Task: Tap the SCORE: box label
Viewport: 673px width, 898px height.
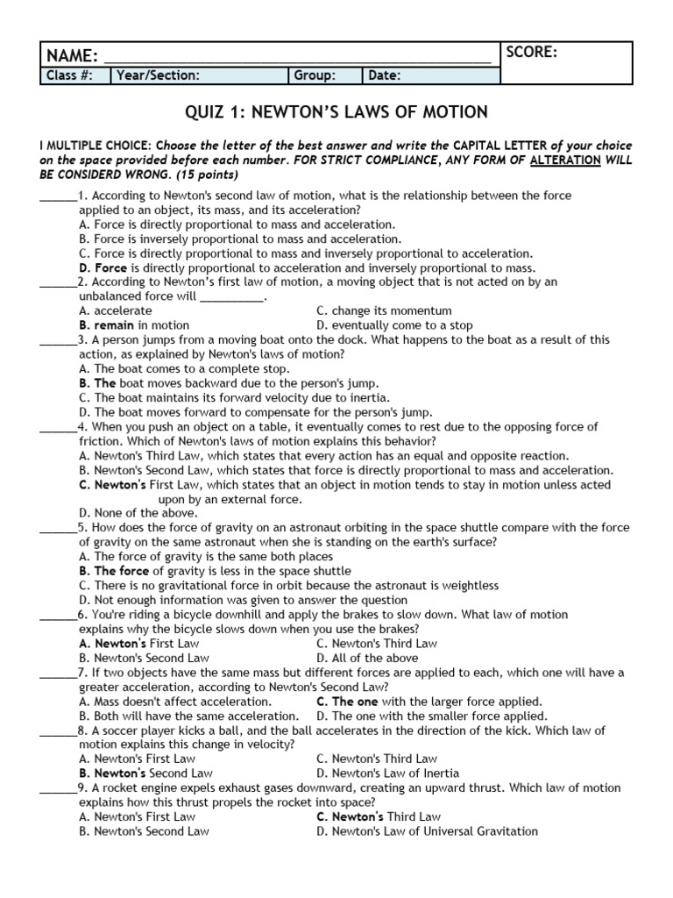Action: (x=531, y=53)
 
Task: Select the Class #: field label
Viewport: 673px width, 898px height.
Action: (x=69, y=76)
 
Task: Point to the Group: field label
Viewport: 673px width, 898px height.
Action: (x=315, y=76)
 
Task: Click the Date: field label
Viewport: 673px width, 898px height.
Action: (x=385, y=76)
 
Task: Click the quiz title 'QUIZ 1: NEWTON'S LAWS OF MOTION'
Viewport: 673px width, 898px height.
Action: (x=336, y=112)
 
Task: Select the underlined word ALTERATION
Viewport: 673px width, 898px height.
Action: (x=570, y=160)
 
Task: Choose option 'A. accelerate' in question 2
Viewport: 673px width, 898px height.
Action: (x=115, y=310)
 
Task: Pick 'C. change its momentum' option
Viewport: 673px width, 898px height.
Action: (x=384, y=310)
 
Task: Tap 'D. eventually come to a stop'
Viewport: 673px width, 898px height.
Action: (x=394, y=325)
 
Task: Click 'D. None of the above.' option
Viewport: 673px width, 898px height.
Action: (x=138, y=513)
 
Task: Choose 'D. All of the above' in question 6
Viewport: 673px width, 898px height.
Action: (x=367, y=658)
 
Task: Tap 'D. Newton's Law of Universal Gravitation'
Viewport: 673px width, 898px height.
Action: (x=427, y=831)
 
